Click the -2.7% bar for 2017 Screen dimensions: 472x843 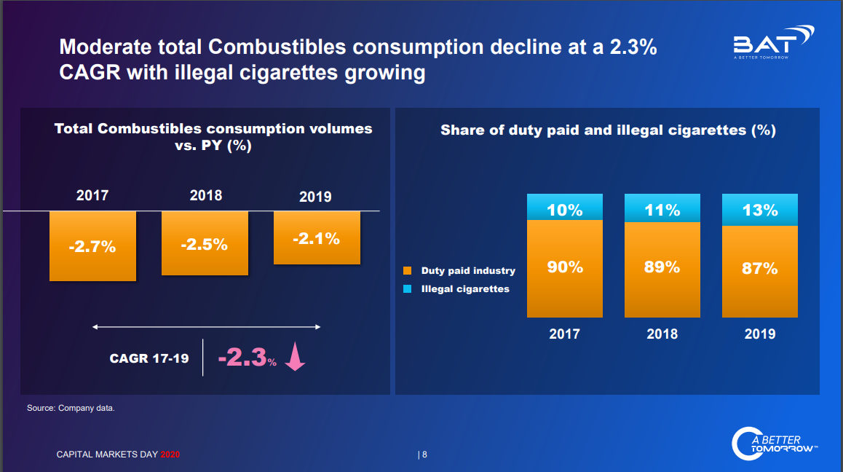(x=92, y=246)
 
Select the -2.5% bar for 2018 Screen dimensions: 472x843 (x=205, y=243)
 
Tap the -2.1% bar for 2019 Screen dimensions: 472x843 (x=317, y=238)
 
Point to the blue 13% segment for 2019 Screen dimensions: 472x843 (x=760, y=211)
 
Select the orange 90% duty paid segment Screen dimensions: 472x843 (x=565, y=268)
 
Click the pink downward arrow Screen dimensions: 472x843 (x=294, y=358)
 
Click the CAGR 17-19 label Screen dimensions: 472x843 (x=149, y=358)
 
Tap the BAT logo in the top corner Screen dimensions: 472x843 (x=772, y=42)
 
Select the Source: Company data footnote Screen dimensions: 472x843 (x=71, y=408)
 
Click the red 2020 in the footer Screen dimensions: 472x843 (x=170, y=455)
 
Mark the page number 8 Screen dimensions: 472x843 (x=424, y=455)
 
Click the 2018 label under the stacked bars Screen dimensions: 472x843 (x=662, y=334)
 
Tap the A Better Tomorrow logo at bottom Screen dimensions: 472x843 (x=774, y=444)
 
